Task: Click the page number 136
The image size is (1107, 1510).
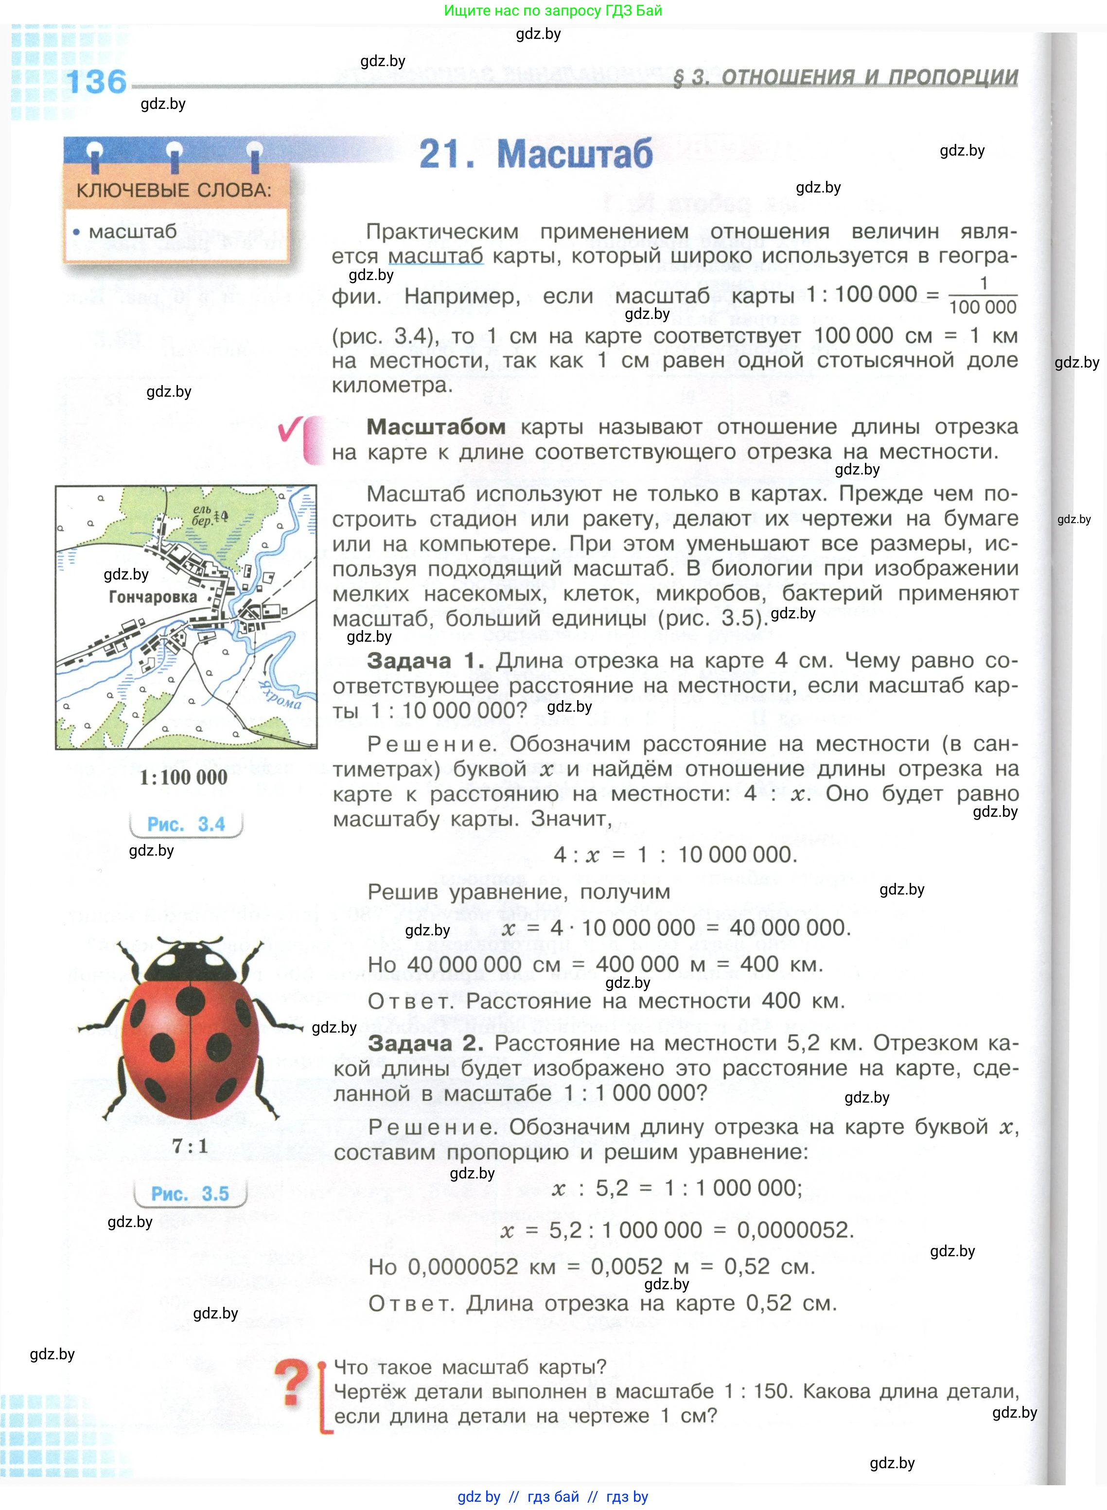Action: [x=96, y=82]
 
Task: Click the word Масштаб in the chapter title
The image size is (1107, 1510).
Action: [x=574, y=154]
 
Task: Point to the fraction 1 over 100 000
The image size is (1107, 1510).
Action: [x=983, y=296]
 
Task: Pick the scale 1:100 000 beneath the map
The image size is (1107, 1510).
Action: [x=183, y=777]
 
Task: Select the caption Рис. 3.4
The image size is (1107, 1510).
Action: [x=186, y=824]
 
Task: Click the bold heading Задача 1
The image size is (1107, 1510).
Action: [x=425, y=661]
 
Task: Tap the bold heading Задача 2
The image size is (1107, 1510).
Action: [x=425, y=1043]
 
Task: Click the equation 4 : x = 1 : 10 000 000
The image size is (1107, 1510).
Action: [x=675, y=855]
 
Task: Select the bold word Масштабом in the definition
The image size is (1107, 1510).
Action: [x=436, y=427]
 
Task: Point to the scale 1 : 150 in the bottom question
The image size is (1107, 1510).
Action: [x=757, y=1391]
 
